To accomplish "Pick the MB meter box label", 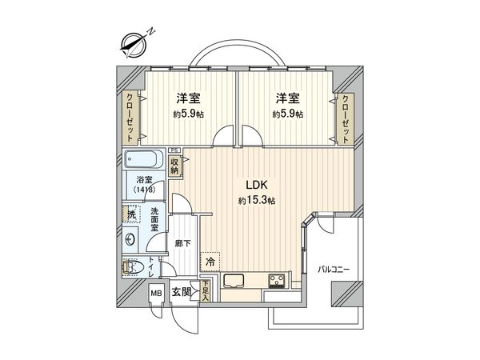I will tap(156, 293).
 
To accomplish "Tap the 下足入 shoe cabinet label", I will tap(206, 289).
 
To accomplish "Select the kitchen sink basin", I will tap(235, 280).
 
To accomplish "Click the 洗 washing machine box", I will tap(129, 214).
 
